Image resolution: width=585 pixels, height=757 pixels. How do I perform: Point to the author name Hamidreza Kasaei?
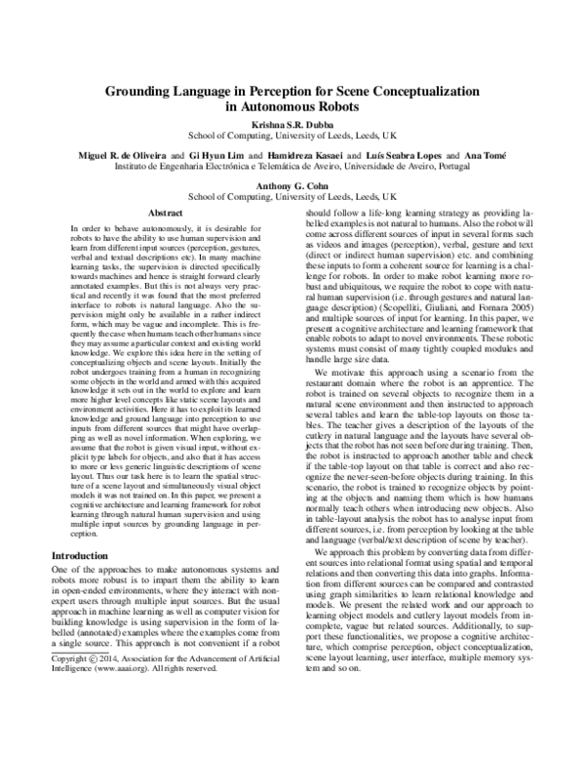[306, 155]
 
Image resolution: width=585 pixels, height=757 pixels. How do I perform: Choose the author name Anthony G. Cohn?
[292, 187]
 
